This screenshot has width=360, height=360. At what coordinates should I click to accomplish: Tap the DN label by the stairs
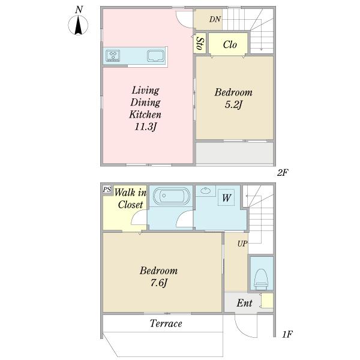[215, 19]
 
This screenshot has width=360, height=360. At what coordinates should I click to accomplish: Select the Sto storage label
[200, 44]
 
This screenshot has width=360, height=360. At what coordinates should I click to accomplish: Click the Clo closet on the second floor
[230, 44]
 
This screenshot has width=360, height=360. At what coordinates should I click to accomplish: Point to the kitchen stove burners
[113, 56]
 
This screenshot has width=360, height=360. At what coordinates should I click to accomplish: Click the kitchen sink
[155, 56]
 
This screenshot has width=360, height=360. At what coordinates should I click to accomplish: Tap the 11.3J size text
[145, 127]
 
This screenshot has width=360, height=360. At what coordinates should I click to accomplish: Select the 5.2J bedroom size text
[233, 104]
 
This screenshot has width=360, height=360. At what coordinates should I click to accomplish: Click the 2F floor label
[283, 173]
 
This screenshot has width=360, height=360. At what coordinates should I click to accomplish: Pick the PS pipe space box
[107, 190]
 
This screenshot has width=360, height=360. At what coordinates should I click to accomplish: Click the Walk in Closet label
[130, 199]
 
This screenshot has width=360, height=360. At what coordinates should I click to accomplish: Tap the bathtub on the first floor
[172, 196]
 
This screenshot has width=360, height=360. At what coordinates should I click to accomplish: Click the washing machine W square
[226, 197]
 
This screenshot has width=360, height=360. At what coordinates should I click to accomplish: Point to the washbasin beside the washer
[205, 191]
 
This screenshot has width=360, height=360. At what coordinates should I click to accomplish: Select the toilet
[261, 279]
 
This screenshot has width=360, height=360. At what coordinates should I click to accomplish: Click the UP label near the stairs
[242, 244]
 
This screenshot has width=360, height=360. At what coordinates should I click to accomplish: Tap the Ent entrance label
[244, 303]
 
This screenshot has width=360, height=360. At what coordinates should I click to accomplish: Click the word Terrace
[166, 323]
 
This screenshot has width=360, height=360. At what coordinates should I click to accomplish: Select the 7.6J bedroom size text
[158, 283]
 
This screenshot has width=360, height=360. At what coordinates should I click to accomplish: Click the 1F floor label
[287, 334]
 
